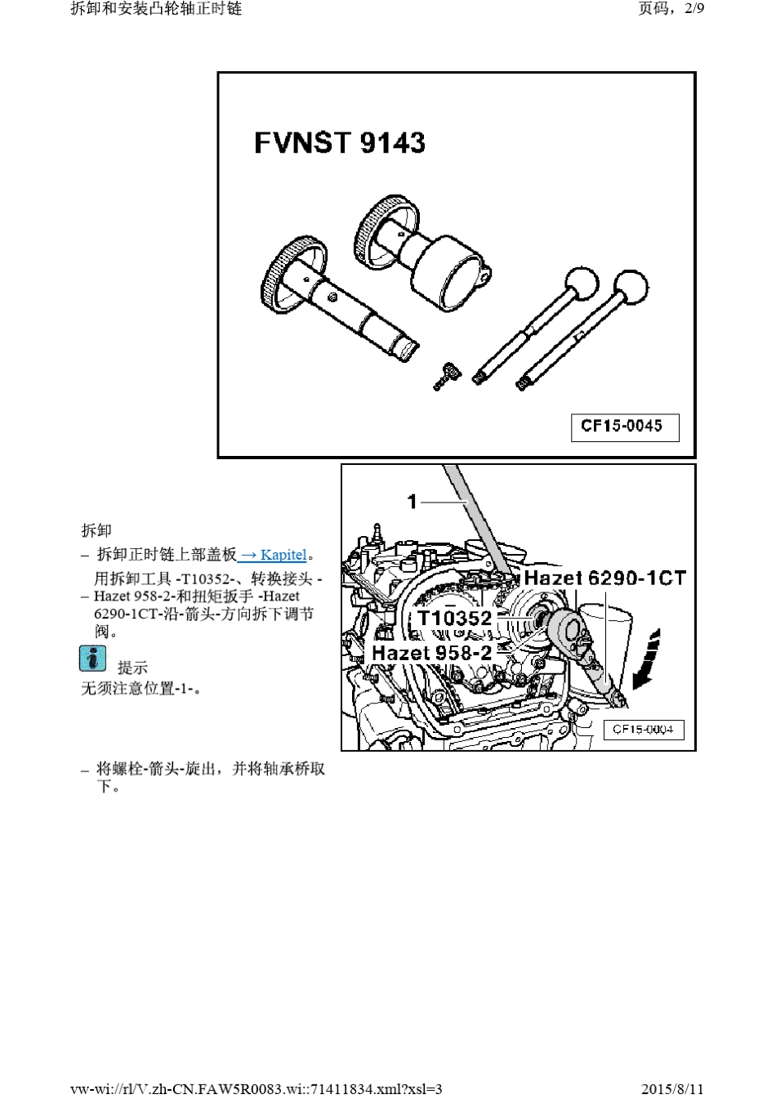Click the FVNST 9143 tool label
pyautogui.click(x=340, y=143)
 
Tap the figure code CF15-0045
pyautogui.click(x=621, y=426)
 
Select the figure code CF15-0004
pyautogui.click(x=643, y=729)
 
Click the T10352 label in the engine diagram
pyautogui.click(x=455, y=618)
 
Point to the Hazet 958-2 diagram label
pyautogui.click(x=431, y=653)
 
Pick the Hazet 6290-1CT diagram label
pyautogui.click(x=604, y=578)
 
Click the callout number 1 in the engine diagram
pyautogui.click(x=412, y=502)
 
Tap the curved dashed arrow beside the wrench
pyautogui.click(x=648, y=659)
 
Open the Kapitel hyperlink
pyautogui.click(x=273, y=555)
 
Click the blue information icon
pyautogui.click(x=92, y=659)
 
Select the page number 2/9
pyautogui.click(x=694, y=8)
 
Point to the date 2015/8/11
pyautogui.click(x=672, y=1089)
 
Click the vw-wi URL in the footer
pyautogui.click(x=256, y=1089)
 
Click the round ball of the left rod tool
pyautogui.click(x=582, y=284)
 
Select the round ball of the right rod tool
pyautogui.click(x=631, y=287)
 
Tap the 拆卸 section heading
pyautogui.click(x=96, y=529)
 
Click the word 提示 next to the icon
pyautogui.click(x=132, y=668)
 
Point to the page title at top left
pyautogui.click(x=156, y=8)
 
